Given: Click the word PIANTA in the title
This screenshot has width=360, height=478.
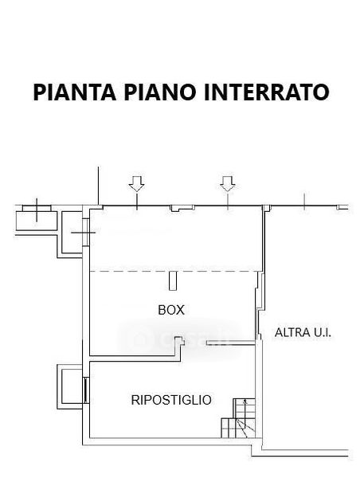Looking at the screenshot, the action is point(75,92).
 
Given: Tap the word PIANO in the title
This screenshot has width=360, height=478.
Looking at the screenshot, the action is point(160,92).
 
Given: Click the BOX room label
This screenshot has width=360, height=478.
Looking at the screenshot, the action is point(171,310).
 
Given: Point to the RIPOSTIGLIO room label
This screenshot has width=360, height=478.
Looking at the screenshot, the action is point(171,400).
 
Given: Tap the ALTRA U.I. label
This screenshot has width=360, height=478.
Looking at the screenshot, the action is point(303,332).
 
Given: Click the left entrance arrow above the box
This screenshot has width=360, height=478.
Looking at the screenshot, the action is point(136,184).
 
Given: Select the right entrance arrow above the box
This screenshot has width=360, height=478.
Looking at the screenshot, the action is point(228,184).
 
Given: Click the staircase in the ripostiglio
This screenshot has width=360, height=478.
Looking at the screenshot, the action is point(238,418).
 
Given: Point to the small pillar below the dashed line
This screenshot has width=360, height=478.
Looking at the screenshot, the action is point(173,281).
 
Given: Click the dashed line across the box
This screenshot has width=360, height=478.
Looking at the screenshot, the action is point(176,271).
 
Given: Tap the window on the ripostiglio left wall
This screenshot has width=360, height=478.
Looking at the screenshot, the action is point(86,390).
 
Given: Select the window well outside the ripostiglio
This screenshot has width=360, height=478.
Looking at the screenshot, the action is point(70,386).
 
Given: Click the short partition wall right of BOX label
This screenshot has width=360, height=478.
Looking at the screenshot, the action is point(230,343).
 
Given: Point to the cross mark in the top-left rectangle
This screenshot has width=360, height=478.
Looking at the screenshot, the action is point(37,210).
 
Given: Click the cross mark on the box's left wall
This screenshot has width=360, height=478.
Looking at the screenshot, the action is point(83,233).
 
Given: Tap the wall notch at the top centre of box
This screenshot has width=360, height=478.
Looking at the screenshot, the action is point(182,209).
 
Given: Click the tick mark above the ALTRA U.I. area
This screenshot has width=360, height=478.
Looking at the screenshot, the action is point(304,202).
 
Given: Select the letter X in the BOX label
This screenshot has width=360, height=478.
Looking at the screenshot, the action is point(180,310).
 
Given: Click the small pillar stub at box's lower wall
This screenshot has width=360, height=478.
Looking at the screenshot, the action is point(179,341).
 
